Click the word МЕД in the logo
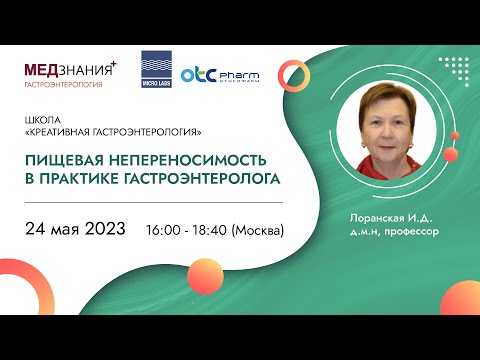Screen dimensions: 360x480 [45, 69]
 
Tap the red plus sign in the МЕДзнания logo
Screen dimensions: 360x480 [113, 62]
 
